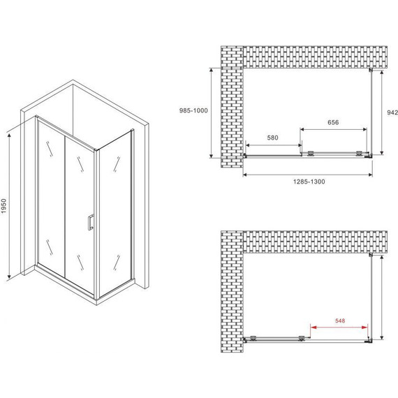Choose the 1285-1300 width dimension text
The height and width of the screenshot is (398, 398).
[x=307, y=181]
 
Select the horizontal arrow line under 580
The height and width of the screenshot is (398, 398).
[x=272, y=145]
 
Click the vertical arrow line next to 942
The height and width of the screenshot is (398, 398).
[x=381, y=112]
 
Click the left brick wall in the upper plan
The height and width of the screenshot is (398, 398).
[x=230, y=108]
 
